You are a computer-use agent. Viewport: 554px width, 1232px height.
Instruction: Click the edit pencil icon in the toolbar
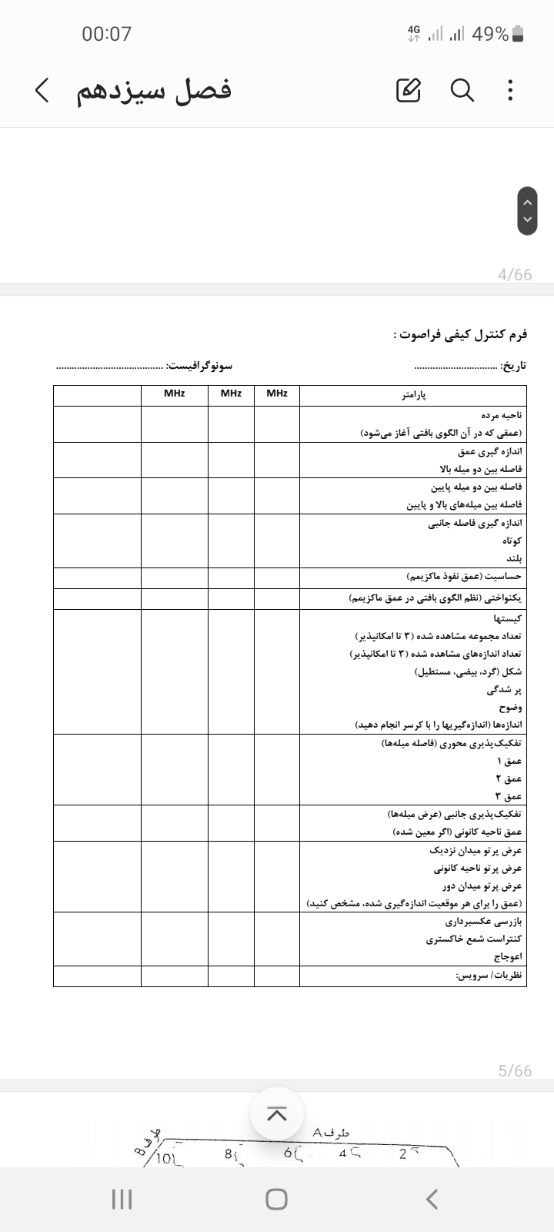(x=409, y=91)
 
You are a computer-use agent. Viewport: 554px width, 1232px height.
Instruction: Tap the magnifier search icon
(x=462, y=91)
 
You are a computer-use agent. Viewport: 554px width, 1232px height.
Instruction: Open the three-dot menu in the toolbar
(x=510, y=91)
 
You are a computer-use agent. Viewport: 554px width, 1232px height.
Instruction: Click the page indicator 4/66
(x=515, y=275)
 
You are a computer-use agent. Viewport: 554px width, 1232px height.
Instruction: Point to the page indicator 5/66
(x=515, y=1071)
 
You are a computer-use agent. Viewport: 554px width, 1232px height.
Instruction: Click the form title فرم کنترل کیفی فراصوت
(x=460, y=335)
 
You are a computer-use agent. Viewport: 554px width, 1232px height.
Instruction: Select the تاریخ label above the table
(x=513, y=366)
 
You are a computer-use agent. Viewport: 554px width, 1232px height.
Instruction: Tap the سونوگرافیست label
(x=199, y=366)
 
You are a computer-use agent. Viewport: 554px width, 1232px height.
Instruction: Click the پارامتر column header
(x=413, y=395)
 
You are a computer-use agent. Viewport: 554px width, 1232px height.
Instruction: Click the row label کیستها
(x=508, y=618)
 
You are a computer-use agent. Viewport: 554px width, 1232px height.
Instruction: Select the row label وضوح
(x=510, y=708)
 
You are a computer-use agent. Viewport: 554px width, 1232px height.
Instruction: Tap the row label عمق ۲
(x=509, y=778)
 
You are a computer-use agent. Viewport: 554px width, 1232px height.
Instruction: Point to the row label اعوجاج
(x=508, y=956)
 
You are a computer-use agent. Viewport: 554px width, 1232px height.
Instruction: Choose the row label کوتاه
(x=512, y=541)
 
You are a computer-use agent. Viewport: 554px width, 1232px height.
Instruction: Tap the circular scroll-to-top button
(x=277, y=1113)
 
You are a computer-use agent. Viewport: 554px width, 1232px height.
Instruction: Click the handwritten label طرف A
(x=331, y=1133)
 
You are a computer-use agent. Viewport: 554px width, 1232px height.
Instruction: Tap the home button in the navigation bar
(x=276, y=1199)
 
